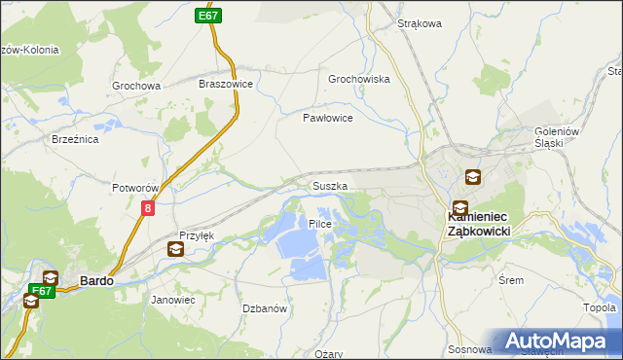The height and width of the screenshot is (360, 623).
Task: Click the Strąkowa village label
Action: (x=421, y=23)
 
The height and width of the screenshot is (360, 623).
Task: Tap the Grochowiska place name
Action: (x=359, y=79)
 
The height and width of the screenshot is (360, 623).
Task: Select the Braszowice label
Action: (x=226, y=85)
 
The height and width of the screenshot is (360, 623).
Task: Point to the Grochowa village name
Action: (x=135, y=86)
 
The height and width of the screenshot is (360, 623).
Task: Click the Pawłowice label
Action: (x=327, y=117)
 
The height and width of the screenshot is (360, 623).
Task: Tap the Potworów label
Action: (x=135, y=187)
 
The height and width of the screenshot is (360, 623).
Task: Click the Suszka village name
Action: (x=329, y=185)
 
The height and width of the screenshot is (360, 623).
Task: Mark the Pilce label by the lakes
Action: (x=320, y=224)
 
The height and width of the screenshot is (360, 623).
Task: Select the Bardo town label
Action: (x=96, y=280)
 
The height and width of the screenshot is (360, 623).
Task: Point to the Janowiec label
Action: (x=173, y=300)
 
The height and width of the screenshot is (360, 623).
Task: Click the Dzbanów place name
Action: (x=264, y=308)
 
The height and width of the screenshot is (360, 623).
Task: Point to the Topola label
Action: (x=600, y=308)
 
